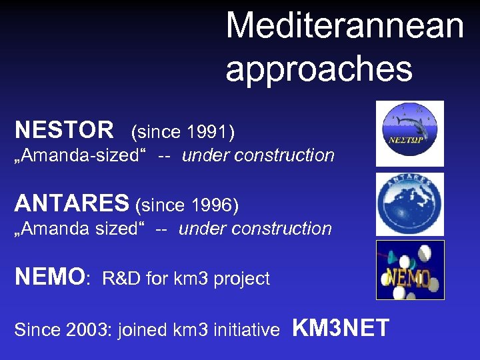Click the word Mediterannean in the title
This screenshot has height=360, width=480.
coord(345,26)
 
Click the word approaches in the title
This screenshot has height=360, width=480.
coord(319,69)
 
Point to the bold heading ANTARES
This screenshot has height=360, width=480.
coord(73,202)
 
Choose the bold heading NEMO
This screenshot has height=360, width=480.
coord(50,276)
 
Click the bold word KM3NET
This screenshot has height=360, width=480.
coord(341,328)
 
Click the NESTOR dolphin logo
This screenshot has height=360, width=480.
coord(409,133)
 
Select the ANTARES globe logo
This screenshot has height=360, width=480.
coord(409,204)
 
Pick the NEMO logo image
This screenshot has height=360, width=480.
coord(409,270)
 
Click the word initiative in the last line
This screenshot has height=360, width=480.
coord(248,330)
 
